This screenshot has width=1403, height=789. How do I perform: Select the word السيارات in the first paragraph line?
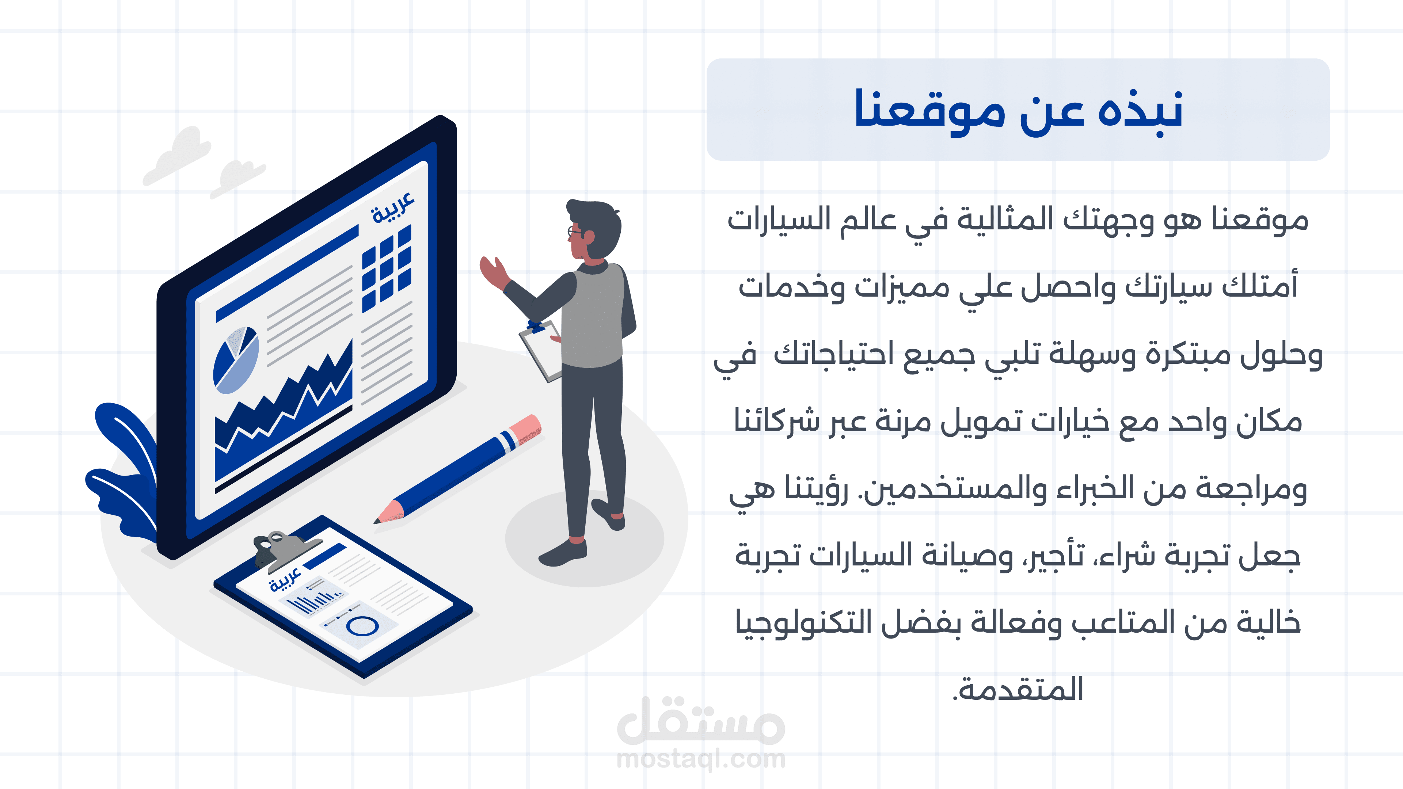pos(779,220)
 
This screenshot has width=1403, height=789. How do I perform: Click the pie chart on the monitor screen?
pos(236,360)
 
